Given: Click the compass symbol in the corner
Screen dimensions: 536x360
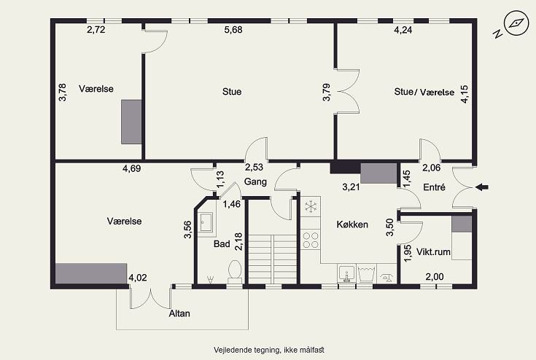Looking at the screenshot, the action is pyautogui.click(x=516, y=23).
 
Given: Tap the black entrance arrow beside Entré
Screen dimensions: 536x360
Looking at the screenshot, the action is pyautogui.click(x=482, y=187).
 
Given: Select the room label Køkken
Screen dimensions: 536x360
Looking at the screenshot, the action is pyautogui.click(x=352, y=224).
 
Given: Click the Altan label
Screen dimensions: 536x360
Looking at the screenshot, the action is pyautogui.click(x=179, y=313).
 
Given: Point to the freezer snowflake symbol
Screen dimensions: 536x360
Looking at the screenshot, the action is pyautogui.click(x=311, y=206).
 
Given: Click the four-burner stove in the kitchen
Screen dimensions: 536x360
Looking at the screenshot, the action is pyautogui.click(x=311, y=240).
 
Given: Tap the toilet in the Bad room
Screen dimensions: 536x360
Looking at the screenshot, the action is pyautogui.click(x=235, y=271).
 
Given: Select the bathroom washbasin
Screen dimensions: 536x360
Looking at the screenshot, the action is pyautogui.click(x=206, y=222).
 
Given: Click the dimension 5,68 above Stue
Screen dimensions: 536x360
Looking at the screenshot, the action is pyautogui.click(x=233, y=30).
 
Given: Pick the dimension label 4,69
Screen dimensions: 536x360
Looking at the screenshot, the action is pyautogui.click(x=131, y=168).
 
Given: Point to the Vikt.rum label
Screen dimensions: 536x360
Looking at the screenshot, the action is pyautogui.click(x=433, y=251).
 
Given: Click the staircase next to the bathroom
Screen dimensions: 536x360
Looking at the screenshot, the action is pyautogui.click(x=272, y=259).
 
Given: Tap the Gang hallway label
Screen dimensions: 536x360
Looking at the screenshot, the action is pyautogui.click(x=255, y=181).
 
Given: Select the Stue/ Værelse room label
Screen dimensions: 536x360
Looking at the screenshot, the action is pyautogui.click(x=424, y=92).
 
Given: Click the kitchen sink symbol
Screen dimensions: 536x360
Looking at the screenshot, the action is pyautogui.click(x=346, y=273).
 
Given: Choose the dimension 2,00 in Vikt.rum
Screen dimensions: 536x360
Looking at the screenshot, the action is pyautogui.click(x=435, y=277).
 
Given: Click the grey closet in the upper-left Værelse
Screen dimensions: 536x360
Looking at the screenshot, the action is pyautogui.click(x=131, y=122).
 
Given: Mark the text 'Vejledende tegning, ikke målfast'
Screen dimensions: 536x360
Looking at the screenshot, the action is pyautogui.click(x=269, y=350).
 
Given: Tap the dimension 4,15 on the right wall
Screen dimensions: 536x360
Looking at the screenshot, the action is pyautogui.click(x=465, y=94).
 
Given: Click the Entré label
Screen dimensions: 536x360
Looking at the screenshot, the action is pyautogui.click(x=434, y=187).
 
